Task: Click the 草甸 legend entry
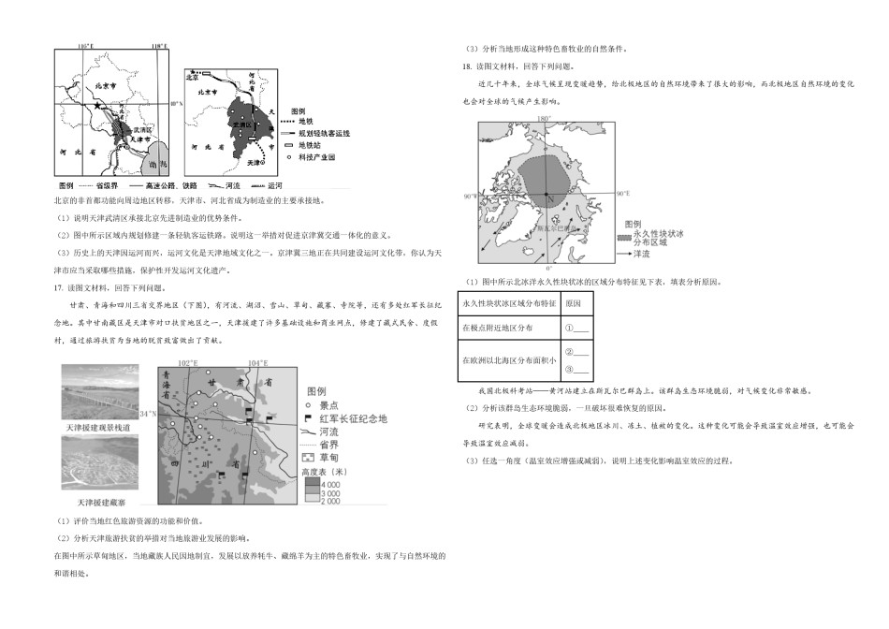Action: click(329, 459)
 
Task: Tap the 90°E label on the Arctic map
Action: click(623, 193)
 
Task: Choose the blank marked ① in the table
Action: click(576, 328)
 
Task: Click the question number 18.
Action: click(466, 66)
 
